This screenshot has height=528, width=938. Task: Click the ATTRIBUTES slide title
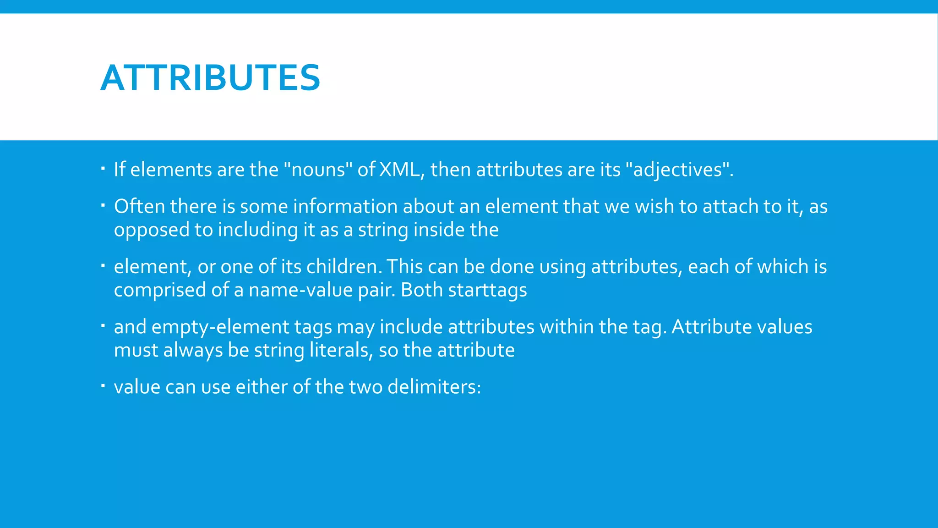click(x=210, y=78)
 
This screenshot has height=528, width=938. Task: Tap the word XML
click(x=399, y=170)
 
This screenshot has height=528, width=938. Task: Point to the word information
click(x=345, y=206)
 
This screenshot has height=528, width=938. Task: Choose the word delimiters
click(x=434, y=387)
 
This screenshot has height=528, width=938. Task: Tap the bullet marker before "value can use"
click(x=103, y=386)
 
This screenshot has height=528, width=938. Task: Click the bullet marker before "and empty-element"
click(x=103, y=326)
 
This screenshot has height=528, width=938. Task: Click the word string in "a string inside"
click(x=383, y=230)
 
